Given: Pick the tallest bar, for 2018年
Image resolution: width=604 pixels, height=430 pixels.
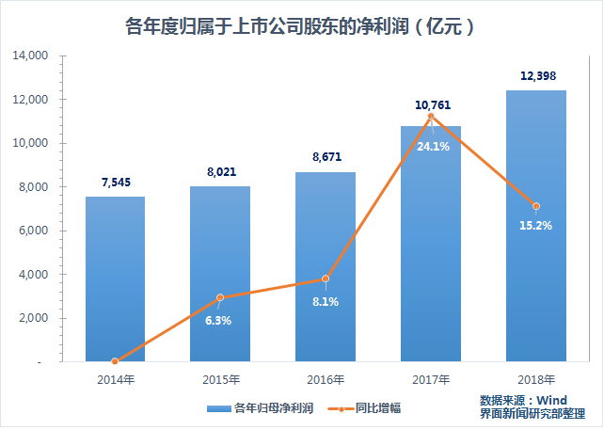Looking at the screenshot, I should pos(536,226).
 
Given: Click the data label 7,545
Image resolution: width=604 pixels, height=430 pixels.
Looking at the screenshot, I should pos(116,183).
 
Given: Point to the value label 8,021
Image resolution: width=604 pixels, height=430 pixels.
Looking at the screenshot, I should pos(220,173).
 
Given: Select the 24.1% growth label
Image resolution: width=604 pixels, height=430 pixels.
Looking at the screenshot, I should pos(432,146).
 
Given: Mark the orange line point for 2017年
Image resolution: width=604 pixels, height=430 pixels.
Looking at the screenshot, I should pos(431,116).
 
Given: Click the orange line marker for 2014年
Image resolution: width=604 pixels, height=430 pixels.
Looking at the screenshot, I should pos(115,361).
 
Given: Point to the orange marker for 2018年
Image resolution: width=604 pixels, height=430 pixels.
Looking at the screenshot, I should pos(536,206).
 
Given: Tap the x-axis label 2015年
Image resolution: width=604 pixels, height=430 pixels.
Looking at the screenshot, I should pos(220,380).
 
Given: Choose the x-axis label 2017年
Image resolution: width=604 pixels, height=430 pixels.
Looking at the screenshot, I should pos(431,380).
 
